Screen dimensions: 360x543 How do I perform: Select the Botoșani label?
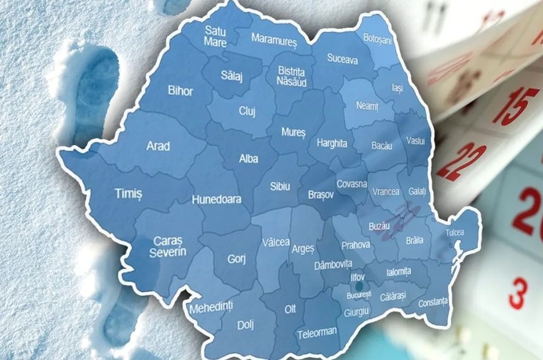pos(377,38)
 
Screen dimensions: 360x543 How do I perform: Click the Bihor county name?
pos(180,90)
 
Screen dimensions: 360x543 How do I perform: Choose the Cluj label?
pos(247,112)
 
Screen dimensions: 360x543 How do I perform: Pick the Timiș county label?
pos(128,194)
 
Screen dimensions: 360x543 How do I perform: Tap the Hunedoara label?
pos(216,200)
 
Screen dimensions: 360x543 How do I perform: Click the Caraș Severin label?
pos(167,246)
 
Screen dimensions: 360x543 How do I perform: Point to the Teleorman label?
pos(317,332)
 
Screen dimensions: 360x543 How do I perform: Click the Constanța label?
pos(433,303)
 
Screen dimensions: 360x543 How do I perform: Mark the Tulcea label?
pos(454,233)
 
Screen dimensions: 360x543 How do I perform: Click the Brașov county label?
pos(321,195)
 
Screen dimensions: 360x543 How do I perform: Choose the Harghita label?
pos(332,143)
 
